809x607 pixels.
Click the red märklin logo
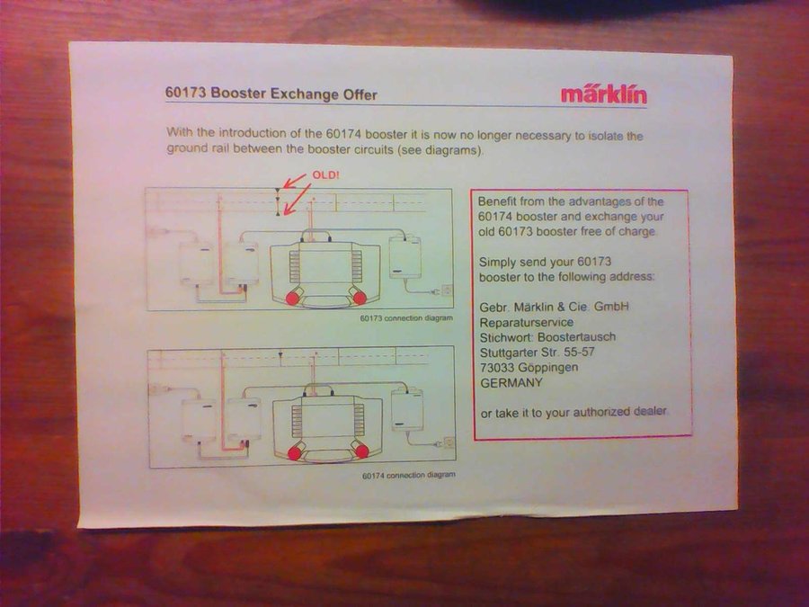tap(604, 94)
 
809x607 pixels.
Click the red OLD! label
tap(325, 175)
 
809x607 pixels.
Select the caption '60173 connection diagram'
tap(406, 318)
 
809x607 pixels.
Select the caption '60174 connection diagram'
tap(409, 476)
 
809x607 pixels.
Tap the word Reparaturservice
tap(526, 323)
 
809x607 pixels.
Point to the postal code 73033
tap(497, 368)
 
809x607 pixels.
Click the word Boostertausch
tap(576, 337)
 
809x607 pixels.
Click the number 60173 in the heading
tap(186, 93)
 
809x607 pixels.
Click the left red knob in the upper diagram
tap(292, 298)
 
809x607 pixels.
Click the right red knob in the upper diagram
tap(360, 298)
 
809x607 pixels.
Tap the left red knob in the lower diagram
tap(295, 453)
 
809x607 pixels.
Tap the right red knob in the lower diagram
tap(362, 451)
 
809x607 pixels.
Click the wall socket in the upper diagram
tap(447, 290)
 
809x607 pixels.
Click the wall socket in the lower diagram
tap(449, 442)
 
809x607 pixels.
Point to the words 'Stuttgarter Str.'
tap(520, 353)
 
